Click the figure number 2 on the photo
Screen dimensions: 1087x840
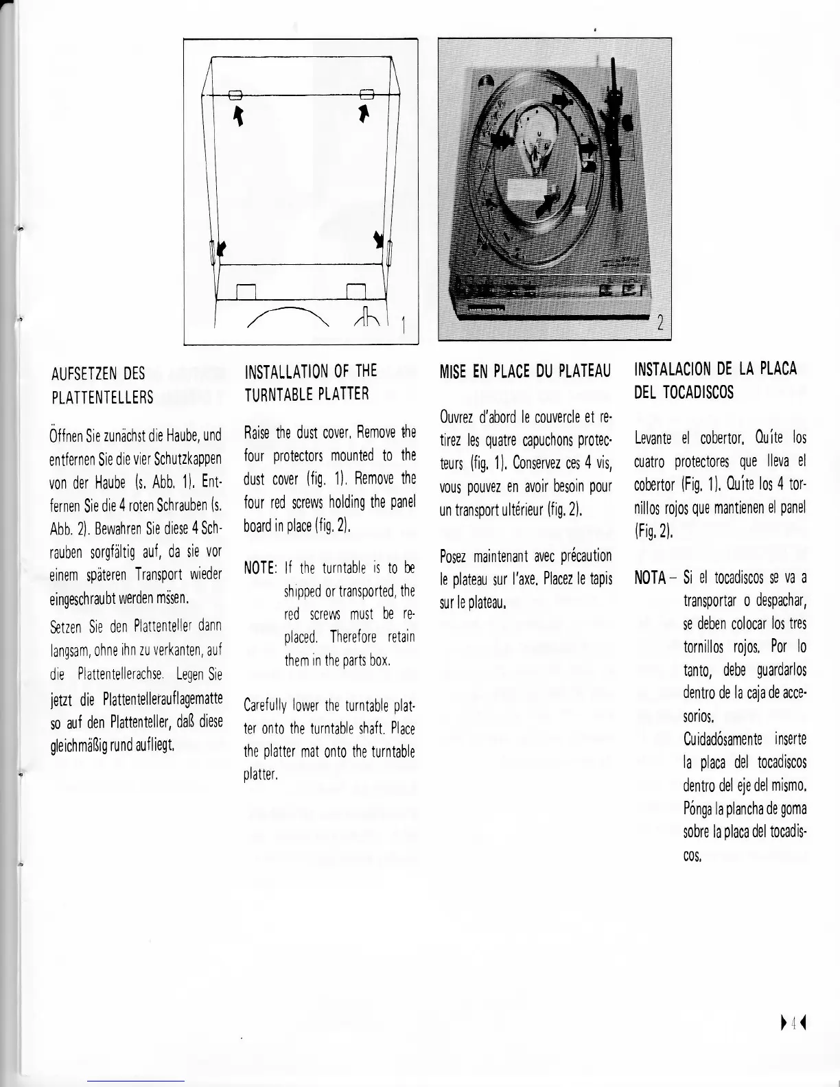660,323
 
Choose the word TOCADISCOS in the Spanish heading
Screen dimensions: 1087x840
697,393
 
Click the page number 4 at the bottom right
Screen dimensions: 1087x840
793,1025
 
